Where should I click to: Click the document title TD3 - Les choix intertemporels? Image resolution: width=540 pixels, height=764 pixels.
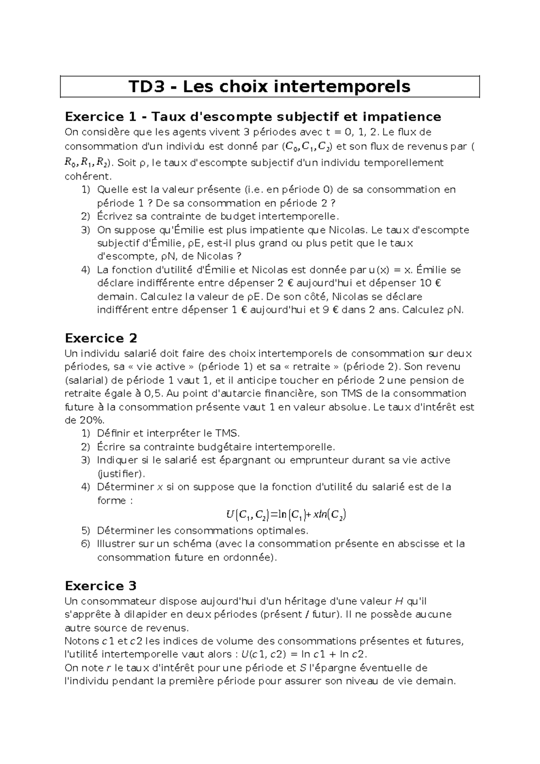click(270, 86)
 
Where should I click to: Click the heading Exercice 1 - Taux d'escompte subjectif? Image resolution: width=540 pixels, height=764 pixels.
click(252, 117)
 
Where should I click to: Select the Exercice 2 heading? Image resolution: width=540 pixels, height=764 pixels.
click(101, 338)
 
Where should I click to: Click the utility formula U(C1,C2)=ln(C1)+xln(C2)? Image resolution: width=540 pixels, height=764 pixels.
click(286, 514)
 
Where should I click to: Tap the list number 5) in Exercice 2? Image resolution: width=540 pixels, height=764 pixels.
click(85, 530)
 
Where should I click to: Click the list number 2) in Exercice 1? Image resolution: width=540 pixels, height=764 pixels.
click(85, 217)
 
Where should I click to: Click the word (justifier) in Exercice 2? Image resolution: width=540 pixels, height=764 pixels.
click(121, 474)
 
